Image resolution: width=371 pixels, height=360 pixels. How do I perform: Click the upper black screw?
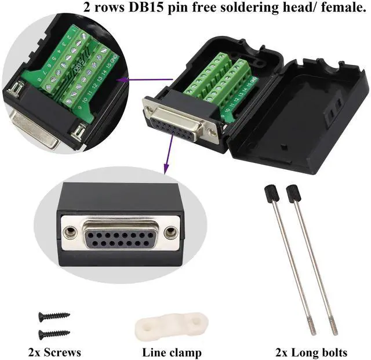pos(54,316)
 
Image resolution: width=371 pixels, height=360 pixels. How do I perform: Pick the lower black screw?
pos(54,334)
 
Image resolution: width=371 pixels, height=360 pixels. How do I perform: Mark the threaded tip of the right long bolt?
pos(334,328)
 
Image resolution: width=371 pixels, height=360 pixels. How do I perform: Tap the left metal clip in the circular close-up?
pos(16,90)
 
